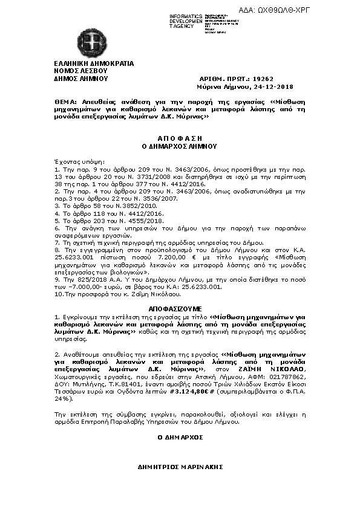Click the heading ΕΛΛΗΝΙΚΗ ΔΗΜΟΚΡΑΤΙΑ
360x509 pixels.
(x=93, y=63)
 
